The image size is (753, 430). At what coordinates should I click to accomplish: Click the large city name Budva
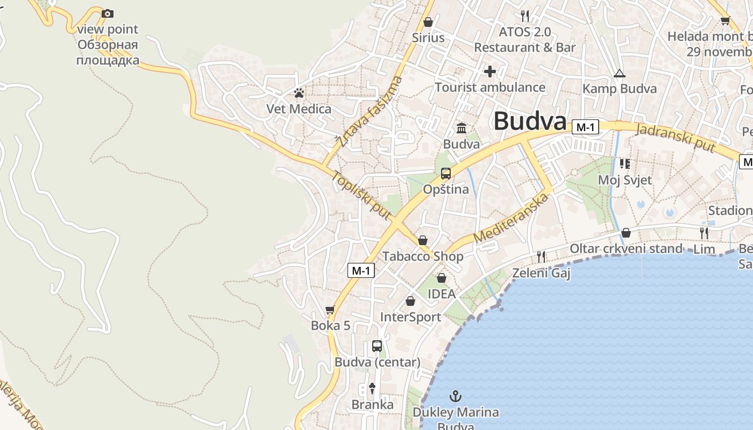pos(530,121)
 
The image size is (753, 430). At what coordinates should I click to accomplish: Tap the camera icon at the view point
pos(108,13)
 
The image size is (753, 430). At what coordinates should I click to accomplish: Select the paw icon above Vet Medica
pos(299,94)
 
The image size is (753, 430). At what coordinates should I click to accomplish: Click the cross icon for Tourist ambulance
pos(490,71)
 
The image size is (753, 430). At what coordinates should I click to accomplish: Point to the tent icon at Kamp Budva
pos(620,73)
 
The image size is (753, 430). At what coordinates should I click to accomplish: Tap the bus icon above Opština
pos(446,173)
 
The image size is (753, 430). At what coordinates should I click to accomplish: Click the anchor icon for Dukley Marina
pos(456,397)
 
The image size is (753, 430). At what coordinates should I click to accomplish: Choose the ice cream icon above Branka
pos(372,388)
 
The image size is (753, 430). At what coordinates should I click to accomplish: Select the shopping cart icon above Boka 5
pos(330,310)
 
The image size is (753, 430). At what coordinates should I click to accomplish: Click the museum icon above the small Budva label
pos(461,128)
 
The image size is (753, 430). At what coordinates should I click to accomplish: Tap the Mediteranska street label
pos(512,218)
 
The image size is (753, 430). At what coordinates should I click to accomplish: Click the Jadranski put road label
pos(676,138)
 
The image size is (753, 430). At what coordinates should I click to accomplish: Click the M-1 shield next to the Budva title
pos(585,127)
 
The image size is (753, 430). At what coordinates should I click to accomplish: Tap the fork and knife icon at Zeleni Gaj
pos(541,257)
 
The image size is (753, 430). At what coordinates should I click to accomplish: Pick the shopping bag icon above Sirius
pos(428,22)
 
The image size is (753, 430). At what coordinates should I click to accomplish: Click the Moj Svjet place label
pos(625,180)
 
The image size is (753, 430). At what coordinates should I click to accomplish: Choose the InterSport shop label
pos(410,317)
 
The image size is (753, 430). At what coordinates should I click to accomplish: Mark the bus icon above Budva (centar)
pos(377,346)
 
